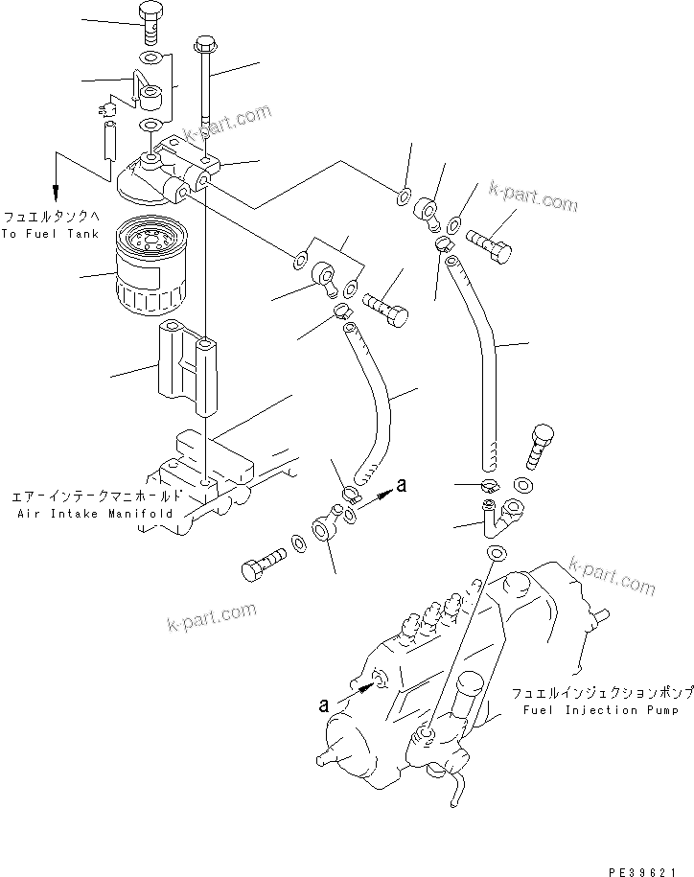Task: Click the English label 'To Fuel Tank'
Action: [x=49, y=234]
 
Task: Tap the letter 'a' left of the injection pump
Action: [x=325, y=704]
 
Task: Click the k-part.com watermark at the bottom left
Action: [x=210, y=614]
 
